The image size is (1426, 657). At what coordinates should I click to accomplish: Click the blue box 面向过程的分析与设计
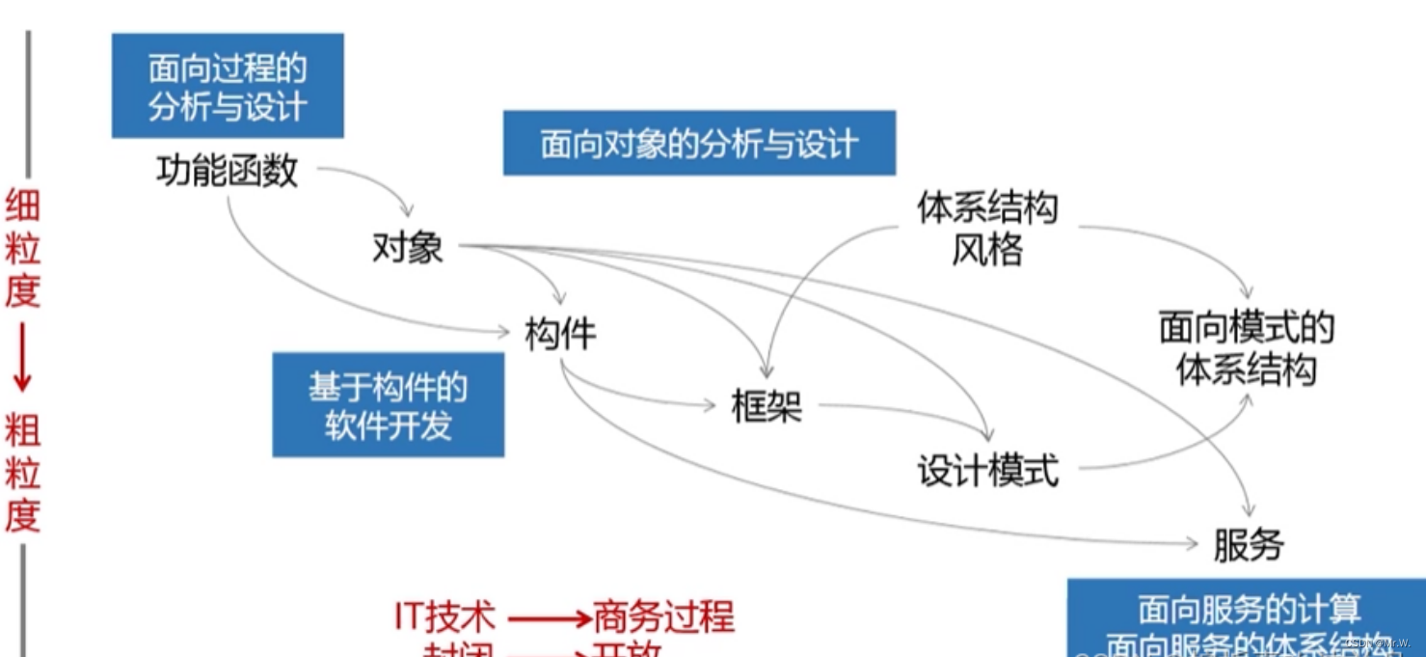[x=228, y=86]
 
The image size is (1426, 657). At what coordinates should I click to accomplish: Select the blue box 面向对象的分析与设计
[x=699, y=144]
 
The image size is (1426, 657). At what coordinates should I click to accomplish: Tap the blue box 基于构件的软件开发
[x=388, y=404]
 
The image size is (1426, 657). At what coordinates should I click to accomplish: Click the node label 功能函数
[x=228, y=172]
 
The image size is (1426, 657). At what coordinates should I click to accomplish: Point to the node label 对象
[x=408, y=248]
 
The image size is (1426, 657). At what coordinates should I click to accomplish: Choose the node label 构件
[x=560, y=334]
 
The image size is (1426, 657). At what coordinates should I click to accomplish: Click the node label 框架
[x=767, y=406]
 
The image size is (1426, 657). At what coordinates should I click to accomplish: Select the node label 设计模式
[x=988, y=472]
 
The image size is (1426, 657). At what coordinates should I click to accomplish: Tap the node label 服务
[x=1249, y=546]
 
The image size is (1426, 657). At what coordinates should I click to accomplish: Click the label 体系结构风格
[x=987, y=230]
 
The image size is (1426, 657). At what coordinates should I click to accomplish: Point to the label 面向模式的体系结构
[x=1247, y=349]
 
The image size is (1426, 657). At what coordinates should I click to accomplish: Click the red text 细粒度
[x=22, y=248]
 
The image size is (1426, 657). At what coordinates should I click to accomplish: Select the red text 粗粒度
[x=22, y=473]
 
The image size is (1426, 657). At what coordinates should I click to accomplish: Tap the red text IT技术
[x=444, y=616]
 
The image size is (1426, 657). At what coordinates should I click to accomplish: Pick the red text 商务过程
[x=664, y=616]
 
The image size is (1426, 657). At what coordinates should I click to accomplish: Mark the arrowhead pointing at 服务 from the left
[x=1191, y=544]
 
